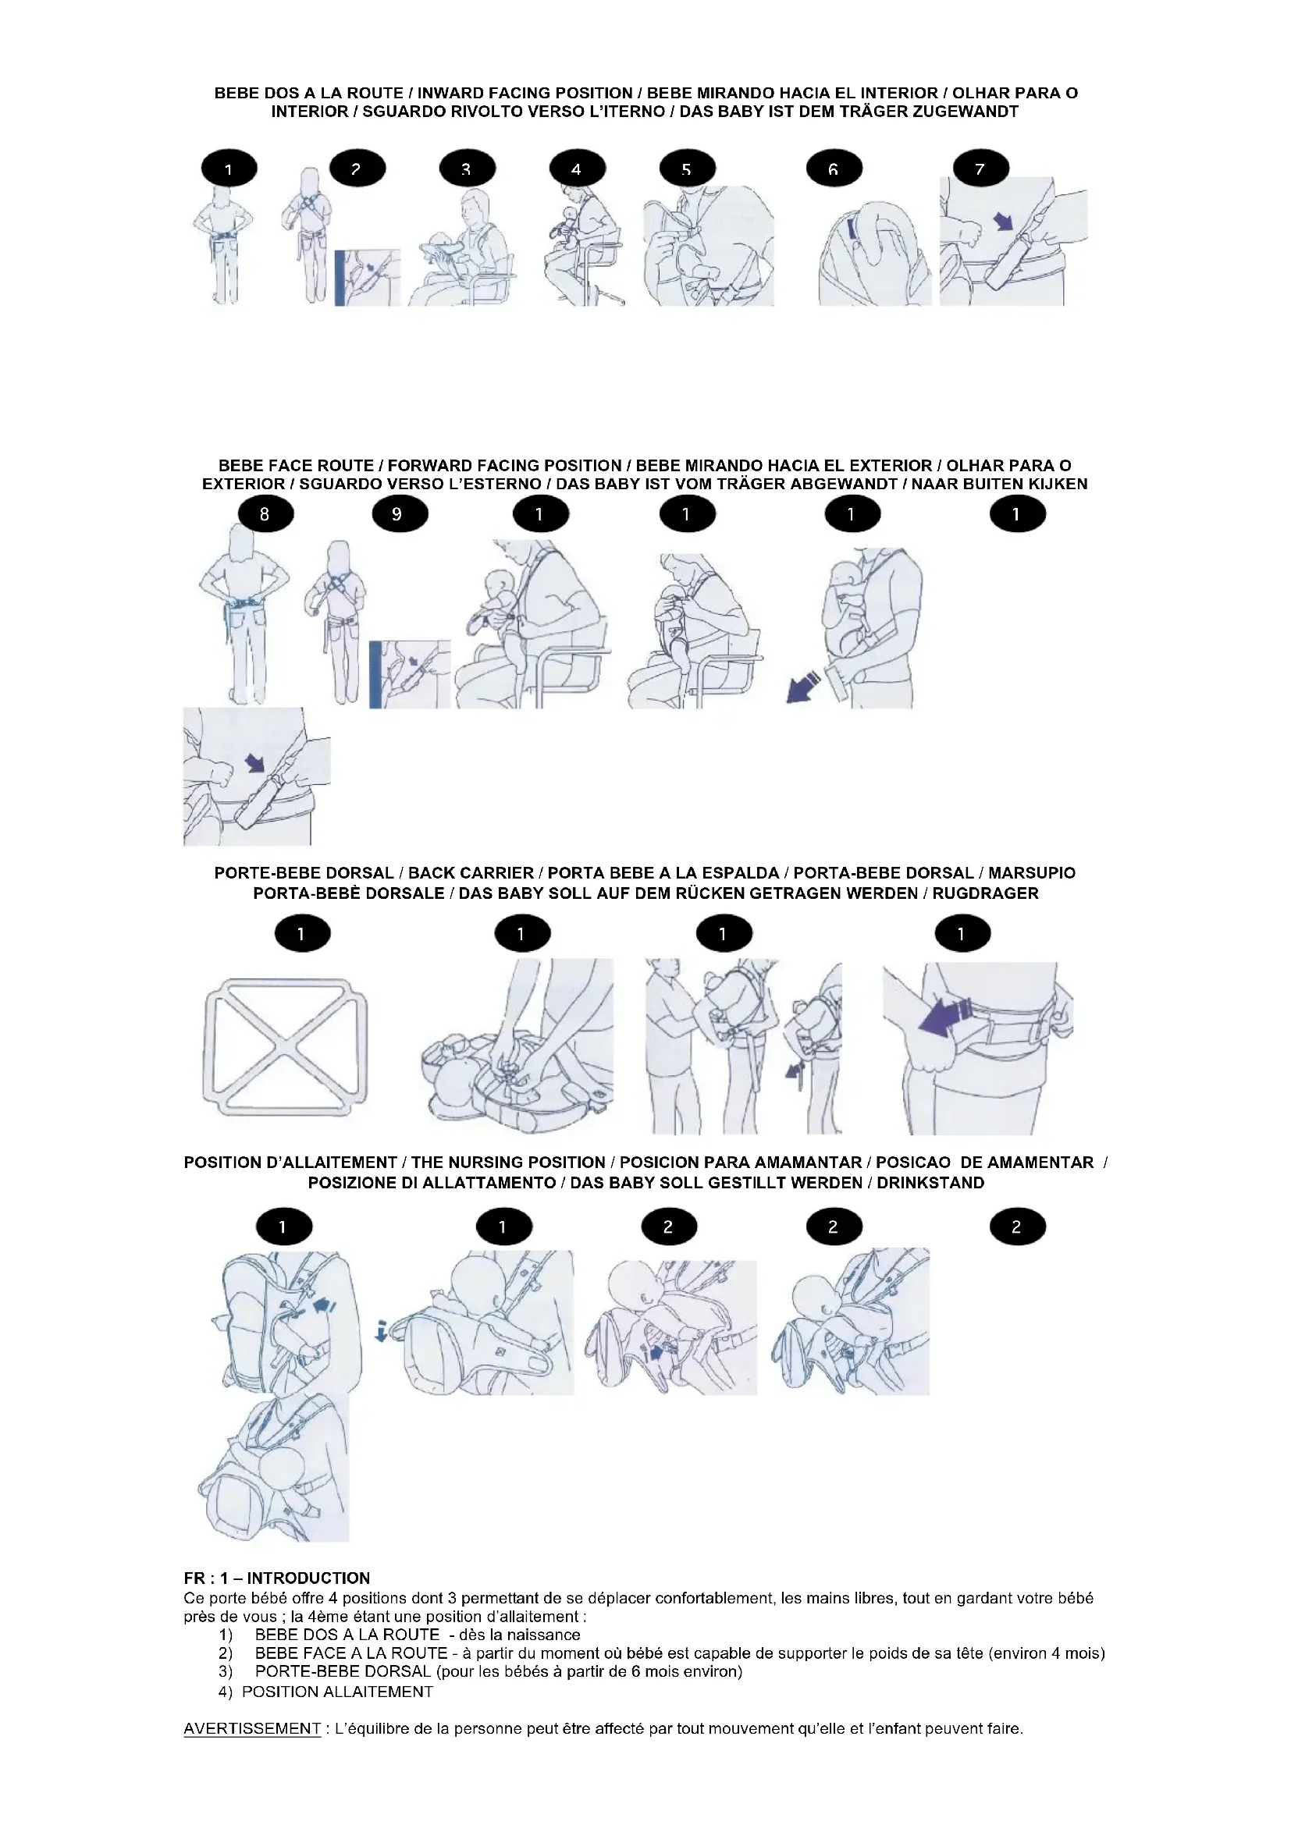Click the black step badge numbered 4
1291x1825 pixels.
click(x=577, y=169)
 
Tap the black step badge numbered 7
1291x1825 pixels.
click(x=980, y=169)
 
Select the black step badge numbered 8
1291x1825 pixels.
click(x=265, y=514)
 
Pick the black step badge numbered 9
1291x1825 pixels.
click(x=399, y=514)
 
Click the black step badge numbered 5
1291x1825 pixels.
click(x=687, y=169)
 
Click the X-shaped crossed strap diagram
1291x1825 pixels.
click(x=286, y=1042)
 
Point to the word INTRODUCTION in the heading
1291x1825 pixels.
click(x=308, y=1578)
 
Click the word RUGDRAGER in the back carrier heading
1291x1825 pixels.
click(x=985, y=893)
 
